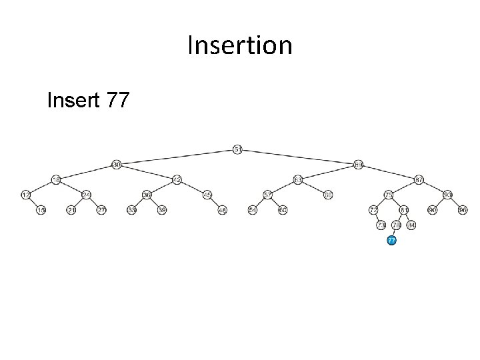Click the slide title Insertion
pyautogui.click(x=239, y=45)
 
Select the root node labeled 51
pyautogui.click(x=237, y=149)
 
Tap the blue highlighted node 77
pyautogui.click(x=392, y=240)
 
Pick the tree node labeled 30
pyautogui.click(x=116, y=164)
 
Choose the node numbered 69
pyautogui.click(x=358, y=164)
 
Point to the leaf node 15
pyautogui.click(x=41, y=210)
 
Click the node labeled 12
pyautogui.click(x=25, y=195)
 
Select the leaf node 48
pyautogui.click(x=223, y=210)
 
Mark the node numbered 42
pyautogui.click(x=177, y=179)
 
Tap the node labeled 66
pyautogui.click(x=328, y=195)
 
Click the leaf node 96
pyautogui.click(x=463, y=210)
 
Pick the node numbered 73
pyautogui.click(x=381, y=225)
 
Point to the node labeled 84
pyautogui.click(x=411, y=225)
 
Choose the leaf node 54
pyautogui.click(x=252, y=210)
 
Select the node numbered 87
pyautogui.click(x=419, y=179)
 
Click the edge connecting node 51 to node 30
pyautogui.click(x=177, y=156)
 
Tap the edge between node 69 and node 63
pyautogui.click(x=328, y=172)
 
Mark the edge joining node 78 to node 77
pyautogui.click(x=394, y=232)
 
